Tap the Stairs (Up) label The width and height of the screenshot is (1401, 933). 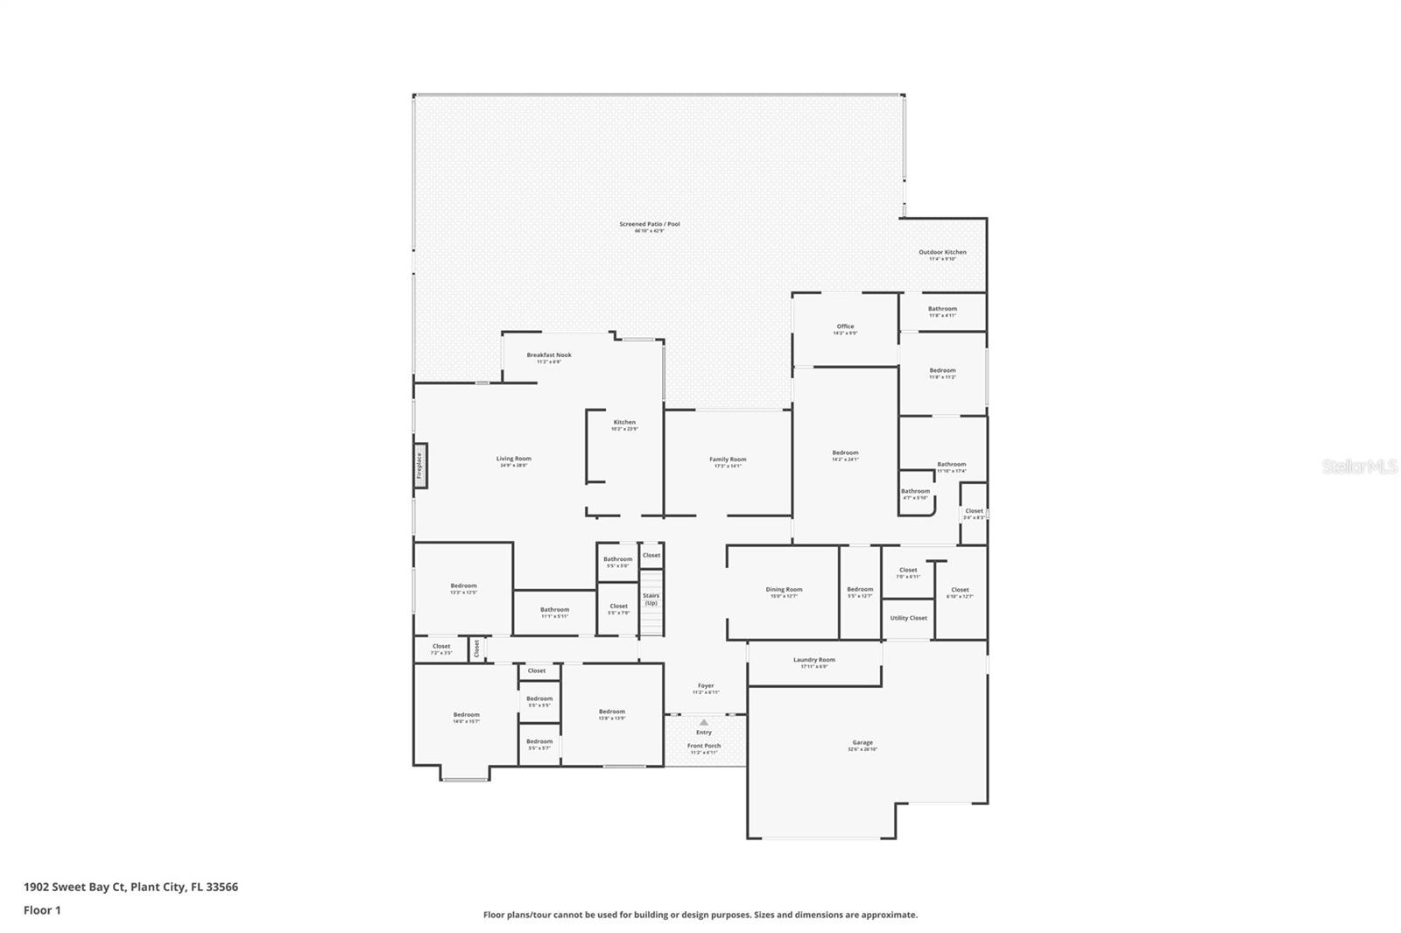pos(651,600)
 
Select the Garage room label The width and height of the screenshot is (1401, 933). pos(862,742)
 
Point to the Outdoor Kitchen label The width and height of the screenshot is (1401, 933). pos(942,252)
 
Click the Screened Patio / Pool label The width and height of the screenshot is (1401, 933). pos(650,224)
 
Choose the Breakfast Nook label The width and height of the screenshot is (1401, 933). pos(549,355)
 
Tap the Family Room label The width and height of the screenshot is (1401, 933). pos(728,459)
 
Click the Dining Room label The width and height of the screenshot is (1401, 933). pos(784,590)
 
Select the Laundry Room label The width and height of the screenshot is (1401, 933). pos(814,660)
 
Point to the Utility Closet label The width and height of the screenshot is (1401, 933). pos(908,618)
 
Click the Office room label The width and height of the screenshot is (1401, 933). pos(845,326)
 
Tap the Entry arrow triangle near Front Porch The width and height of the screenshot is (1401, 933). pos(704,723)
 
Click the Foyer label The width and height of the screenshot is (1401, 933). pos(706,686)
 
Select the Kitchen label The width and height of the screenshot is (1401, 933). pos(624,423)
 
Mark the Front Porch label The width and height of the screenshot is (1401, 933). pos(704,746)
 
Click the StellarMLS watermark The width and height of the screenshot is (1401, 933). pos(1359,466)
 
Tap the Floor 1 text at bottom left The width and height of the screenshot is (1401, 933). pos(42,910)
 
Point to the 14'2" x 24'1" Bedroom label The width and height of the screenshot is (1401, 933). pos(845,453)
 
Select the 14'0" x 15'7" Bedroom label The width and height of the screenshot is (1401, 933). pos(466,715)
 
